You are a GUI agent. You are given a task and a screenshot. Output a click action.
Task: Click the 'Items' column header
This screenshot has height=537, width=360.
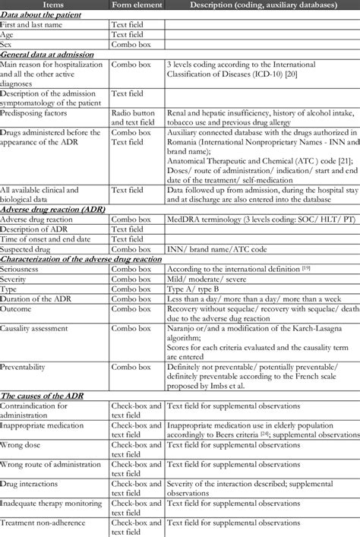point(54,5)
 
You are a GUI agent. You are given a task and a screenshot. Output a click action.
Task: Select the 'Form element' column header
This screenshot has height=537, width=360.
point(136,5)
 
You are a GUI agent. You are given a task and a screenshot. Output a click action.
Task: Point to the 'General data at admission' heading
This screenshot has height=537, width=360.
point(47,54)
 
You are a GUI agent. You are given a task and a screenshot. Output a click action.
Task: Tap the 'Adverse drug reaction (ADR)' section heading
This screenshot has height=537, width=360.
point(53,208)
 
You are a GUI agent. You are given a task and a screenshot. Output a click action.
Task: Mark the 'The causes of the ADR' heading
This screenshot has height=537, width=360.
point(43,396)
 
